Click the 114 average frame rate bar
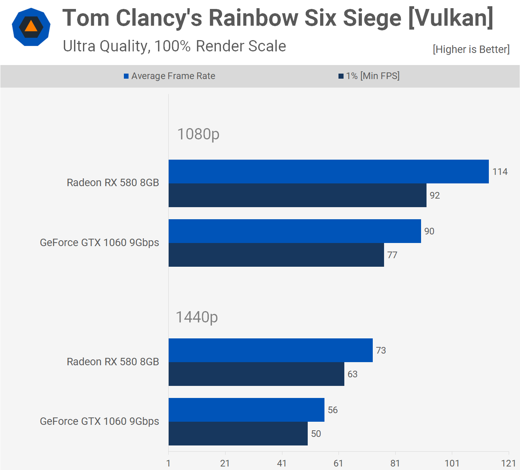(328, 171)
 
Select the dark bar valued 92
(297, 195)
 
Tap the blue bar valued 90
(294, 231)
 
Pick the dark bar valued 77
(276, 255)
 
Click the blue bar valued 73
(270, 350)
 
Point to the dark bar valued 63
(256, 374)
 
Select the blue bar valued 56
(246, 410)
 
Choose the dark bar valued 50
(238, 433)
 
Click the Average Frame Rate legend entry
(169, 76)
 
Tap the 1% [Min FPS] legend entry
(369, 76)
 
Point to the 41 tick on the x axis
(282, 463)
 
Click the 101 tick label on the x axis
(452, 463)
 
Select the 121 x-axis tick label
(508, 463)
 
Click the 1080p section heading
(198, 134)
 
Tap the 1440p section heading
(197, 317)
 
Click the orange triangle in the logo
(31, 26)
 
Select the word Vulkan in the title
(451, 18)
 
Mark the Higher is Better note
(471, 49)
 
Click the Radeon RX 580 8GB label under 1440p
(113, 362)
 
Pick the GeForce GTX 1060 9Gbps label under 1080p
(99, 243)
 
